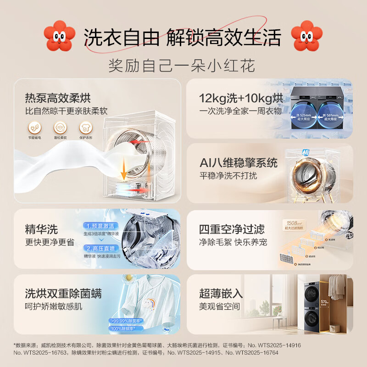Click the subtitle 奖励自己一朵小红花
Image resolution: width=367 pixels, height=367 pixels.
[x=181, y=65]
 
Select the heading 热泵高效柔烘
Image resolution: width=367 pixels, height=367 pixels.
[x=58, y=98]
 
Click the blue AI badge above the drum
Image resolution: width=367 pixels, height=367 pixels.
[x=291, y=151]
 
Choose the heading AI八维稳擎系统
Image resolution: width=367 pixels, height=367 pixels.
[x=239, y=163]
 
